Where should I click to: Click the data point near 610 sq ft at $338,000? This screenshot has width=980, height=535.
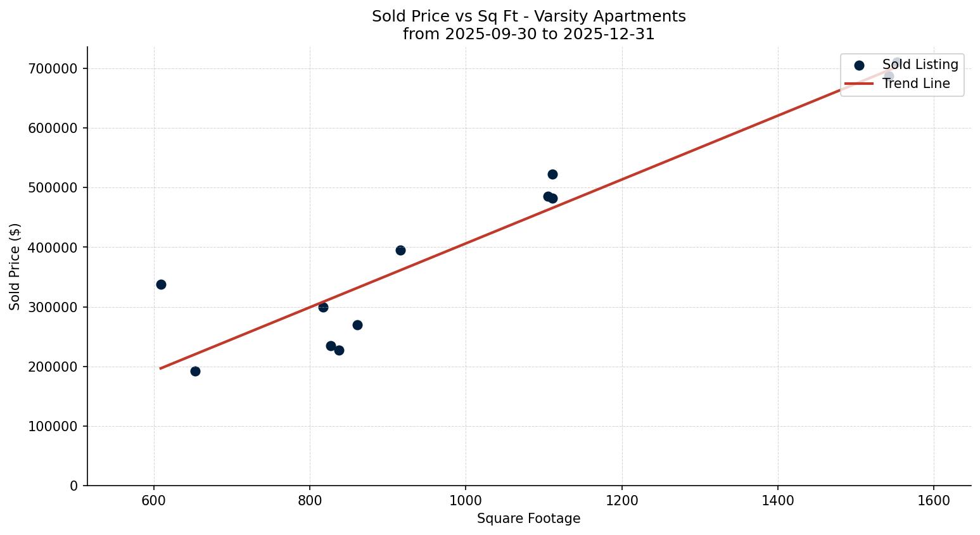pos(161,284)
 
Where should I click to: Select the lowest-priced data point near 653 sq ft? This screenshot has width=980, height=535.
pos(195,371)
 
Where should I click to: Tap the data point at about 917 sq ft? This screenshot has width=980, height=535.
pos(400,250)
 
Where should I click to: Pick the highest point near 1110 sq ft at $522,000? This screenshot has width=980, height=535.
pos(552,174)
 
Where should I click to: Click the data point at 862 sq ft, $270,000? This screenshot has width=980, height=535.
pos(357,325)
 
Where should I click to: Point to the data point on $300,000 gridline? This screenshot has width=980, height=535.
pos(323,307)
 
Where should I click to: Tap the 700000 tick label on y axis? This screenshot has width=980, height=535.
pos(53,68)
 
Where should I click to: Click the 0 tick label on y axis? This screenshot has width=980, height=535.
pos(74,486)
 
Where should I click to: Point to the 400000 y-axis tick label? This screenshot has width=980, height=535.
pos(53,248)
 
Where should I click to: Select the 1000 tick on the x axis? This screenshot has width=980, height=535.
pos(466,500)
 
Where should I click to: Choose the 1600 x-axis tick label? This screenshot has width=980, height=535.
pos(934,500)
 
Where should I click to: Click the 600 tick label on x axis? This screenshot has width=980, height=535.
pos(154,500)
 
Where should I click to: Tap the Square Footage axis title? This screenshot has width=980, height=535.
pos(528,519)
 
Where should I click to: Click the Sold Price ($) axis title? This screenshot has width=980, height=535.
pos(15,267)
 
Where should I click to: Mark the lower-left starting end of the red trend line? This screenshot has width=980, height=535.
pos(160,368)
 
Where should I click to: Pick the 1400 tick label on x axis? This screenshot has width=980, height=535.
pos(778,500)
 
